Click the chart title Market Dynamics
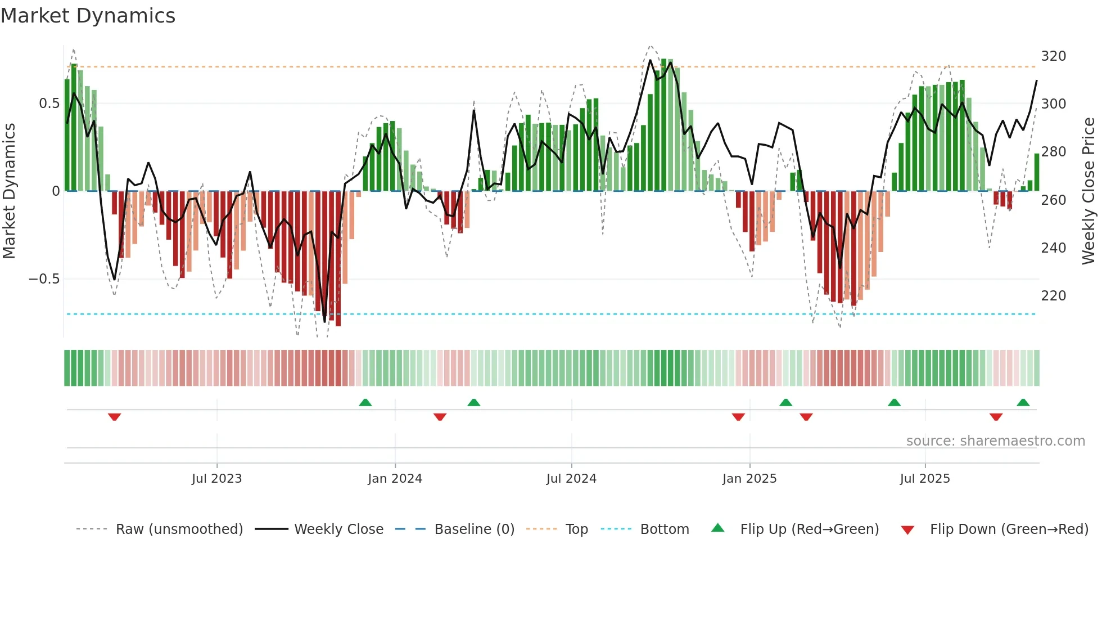pos(88,16)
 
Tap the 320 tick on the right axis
pos(1053,56)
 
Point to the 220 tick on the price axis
pos(1053,296)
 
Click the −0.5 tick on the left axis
pos(44,279)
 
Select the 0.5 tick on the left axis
pos(49,104)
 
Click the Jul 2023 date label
pos(216,479)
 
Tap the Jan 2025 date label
pos(749,479)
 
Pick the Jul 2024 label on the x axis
pos(571,479)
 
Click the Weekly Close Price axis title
pos(1089,191)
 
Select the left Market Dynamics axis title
pos(9,191)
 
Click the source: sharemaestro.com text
pos(995,441)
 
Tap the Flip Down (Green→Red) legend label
pos(1009,529)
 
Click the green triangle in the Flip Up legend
pos(718,528)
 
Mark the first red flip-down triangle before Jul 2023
pos(114,417)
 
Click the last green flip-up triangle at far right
pos(1023,403)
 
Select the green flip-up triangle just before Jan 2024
pos(365,403)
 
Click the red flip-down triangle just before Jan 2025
pos(738,417)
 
